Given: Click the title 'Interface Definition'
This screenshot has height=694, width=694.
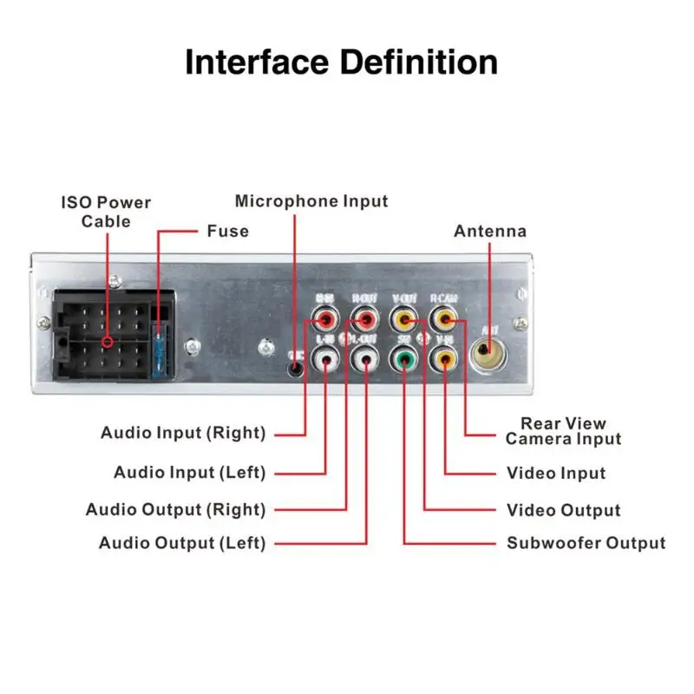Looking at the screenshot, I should tap(342, 62).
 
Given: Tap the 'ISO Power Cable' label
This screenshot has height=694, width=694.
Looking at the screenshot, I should tap(106, 212).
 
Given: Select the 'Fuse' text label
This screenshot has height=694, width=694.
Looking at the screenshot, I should tap(227, 231).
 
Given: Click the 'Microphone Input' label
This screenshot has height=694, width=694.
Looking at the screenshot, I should tap(311, 201).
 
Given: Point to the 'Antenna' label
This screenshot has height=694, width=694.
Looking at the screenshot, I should tap(489, 231).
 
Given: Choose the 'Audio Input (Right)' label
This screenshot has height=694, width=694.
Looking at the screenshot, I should tap(183, 433).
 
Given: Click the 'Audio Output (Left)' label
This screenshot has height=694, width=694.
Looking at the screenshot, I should tap(182, 543).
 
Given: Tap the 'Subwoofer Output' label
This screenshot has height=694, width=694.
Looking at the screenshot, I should tap(586, 543).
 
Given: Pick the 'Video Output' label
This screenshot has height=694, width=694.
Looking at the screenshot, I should tap(563, 510).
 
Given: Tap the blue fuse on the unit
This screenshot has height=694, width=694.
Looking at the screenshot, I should tap(160, 347).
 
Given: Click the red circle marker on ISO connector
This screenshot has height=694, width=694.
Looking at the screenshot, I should tap(107, 342).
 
